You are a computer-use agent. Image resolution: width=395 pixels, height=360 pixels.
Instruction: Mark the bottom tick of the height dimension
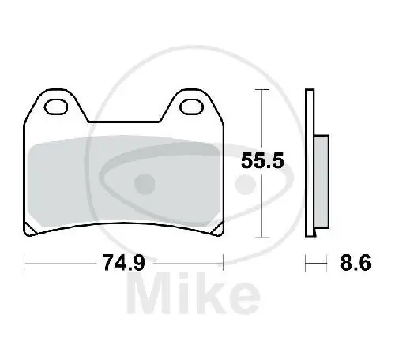coord(261,238)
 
